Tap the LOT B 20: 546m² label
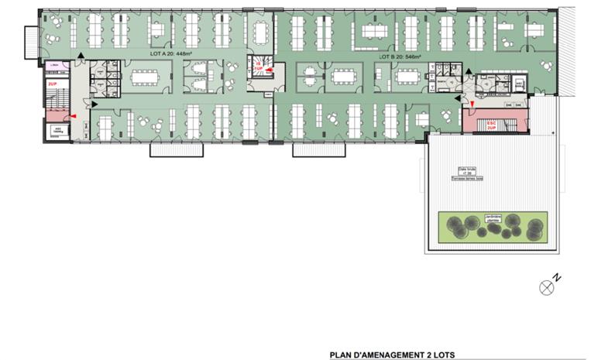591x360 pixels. [400, 57]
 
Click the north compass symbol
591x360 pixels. [548, 286]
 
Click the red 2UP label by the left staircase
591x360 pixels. [53, 82]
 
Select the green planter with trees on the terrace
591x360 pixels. [492, 227]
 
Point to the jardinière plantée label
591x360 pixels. [487, 218]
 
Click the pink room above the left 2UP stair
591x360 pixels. [53, 66]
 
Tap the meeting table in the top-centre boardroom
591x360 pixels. [260, 31]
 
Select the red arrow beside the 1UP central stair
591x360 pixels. [269, 70]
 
